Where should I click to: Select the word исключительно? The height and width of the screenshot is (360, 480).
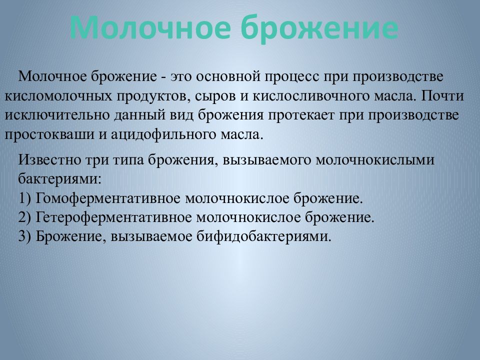tap(50, 115)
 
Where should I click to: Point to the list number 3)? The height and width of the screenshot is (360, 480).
tap(25, 236)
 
